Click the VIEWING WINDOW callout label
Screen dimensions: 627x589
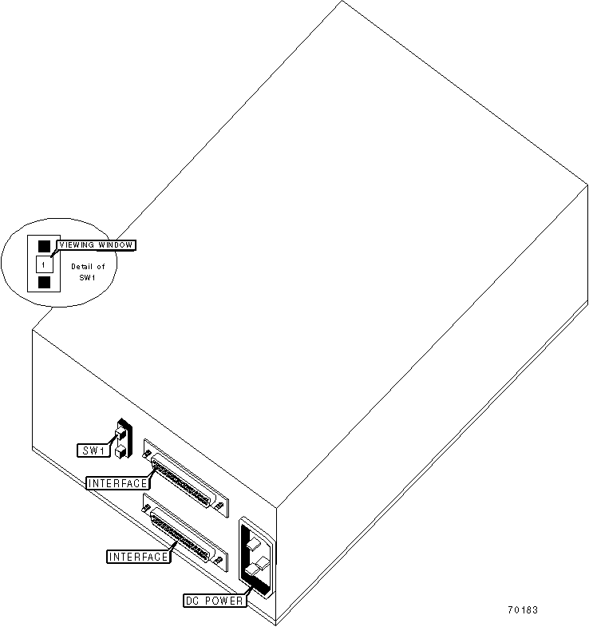point(96,244)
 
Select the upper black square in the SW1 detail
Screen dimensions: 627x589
point(45,246)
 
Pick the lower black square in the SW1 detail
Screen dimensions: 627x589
point(45,282)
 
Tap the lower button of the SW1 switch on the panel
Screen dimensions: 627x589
point(119,451)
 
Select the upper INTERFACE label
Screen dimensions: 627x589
point(117,482)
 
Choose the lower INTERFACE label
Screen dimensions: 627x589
point(139,556)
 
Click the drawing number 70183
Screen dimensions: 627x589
point(522,610)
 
